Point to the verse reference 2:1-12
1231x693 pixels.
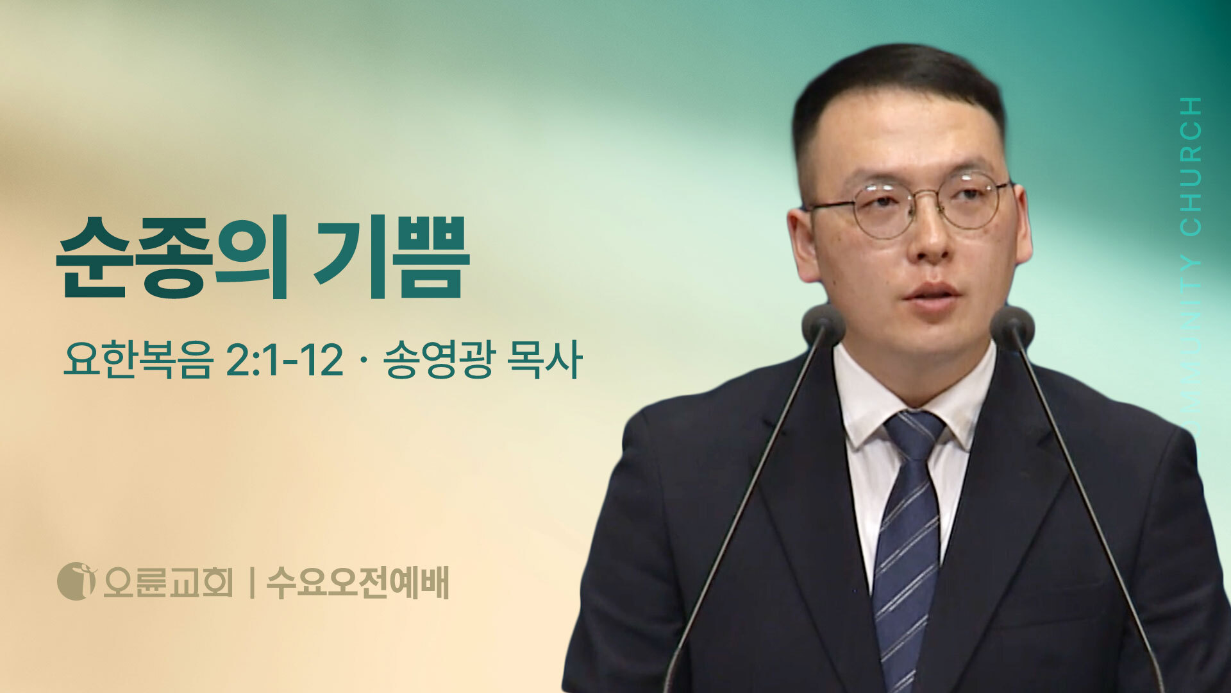coord(285,361)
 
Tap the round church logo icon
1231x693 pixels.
coord(76,581)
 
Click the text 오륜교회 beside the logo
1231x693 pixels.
coord(168,583)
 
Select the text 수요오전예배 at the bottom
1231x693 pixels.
coord(358,583)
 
